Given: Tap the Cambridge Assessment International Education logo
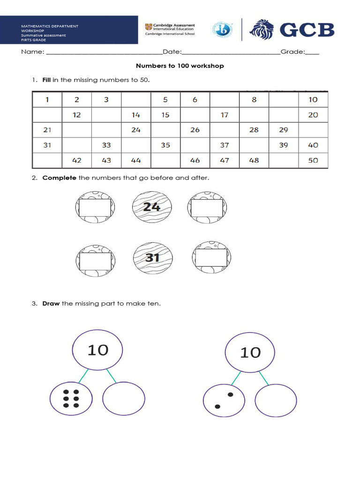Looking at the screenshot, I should coord(170,30).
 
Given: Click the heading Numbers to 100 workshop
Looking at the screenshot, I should coord(180,66).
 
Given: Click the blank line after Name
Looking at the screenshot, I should coord(103,52).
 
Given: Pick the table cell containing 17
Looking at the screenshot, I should coord(225,115).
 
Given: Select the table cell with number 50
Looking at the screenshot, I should coord(313,160).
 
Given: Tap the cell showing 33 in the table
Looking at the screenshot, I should coord(106,145).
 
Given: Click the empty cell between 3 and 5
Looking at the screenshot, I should coord(136,99).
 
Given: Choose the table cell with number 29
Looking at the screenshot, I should coord(283,130).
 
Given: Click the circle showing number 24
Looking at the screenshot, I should coord(152,207).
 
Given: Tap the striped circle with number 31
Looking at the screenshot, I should coord(152,257).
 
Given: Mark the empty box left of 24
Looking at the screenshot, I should coord(95,208).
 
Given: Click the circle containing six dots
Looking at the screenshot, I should coord(71,399).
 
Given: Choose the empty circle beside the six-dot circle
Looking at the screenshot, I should coord(123,399).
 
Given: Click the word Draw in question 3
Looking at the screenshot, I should coord(51,304).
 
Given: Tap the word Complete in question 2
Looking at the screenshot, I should coord(60,178).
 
